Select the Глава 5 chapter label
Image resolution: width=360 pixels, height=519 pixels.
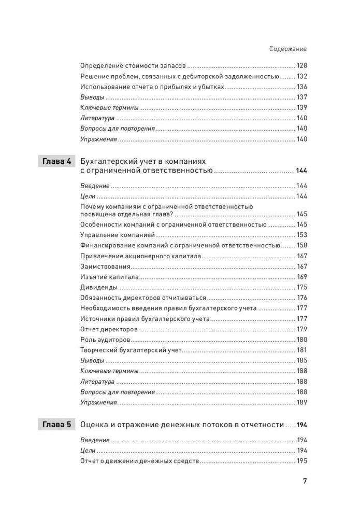point(57,425)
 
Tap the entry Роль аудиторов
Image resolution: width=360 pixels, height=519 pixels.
point(105,340)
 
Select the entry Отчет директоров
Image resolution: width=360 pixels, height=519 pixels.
point(109,329)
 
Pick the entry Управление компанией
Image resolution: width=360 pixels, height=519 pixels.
point(111,234)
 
